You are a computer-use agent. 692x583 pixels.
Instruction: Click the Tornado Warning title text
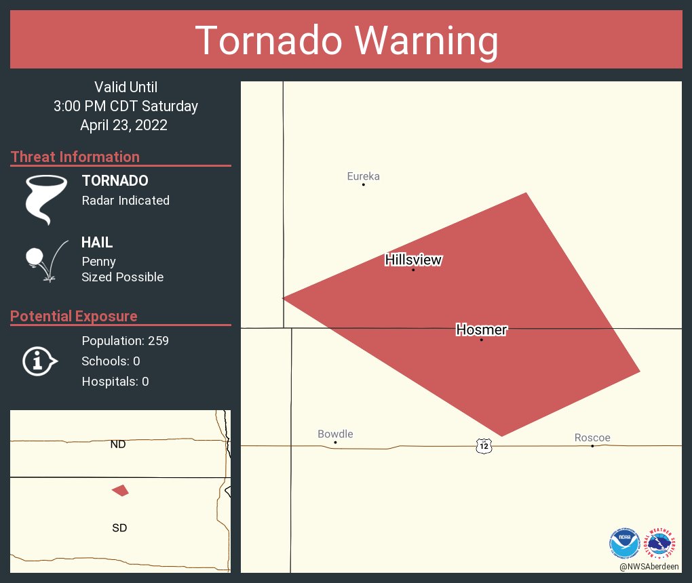347,41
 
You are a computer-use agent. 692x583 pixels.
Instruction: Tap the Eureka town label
363,177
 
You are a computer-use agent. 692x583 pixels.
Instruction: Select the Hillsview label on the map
413,260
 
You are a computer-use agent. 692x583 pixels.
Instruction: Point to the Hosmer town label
482,330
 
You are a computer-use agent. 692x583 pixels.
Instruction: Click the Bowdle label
335,434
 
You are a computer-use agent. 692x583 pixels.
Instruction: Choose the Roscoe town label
592,438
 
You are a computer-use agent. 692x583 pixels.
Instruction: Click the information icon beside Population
39,361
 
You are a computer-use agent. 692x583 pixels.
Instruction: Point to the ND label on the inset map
118,445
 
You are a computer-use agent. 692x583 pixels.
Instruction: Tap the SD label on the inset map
119,527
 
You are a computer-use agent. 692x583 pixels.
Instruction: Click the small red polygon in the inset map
120,490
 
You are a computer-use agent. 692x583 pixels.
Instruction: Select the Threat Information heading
75,157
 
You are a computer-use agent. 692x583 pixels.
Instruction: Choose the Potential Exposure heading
74,317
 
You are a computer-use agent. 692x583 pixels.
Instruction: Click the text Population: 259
125,340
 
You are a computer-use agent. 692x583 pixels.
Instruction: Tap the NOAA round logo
625,543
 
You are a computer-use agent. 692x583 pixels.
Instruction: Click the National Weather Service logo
662,543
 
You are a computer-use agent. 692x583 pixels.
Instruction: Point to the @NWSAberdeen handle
649,566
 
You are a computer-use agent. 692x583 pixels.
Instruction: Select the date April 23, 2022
123,125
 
